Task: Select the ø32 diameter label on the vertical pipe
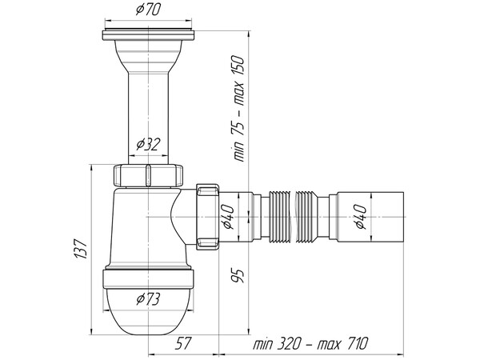coord(149,143)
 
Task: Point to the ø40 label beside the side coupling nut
coord(227,215)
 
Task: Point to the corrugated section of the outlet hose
coord(296,214)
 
